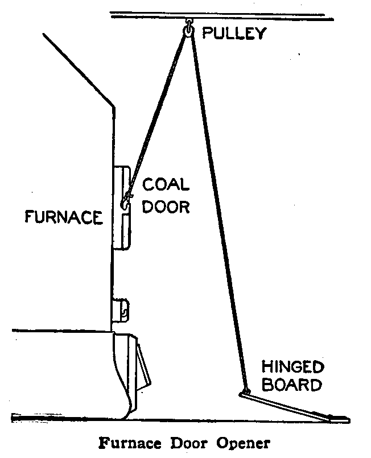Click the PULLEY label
(x=234, y=34)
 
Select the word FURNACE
(x=64, y=217)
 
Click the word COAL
(x=165, y=185)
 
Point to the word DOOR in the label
(x=165, y=206)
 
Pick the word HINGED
(x=292, y=366)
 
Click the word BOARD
(x=292, y=386)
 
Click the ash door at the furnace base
(x=128, y=370)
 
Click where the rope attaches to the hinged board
(x=245, y=391)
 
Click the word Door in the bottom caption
(x=182, y=443)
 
